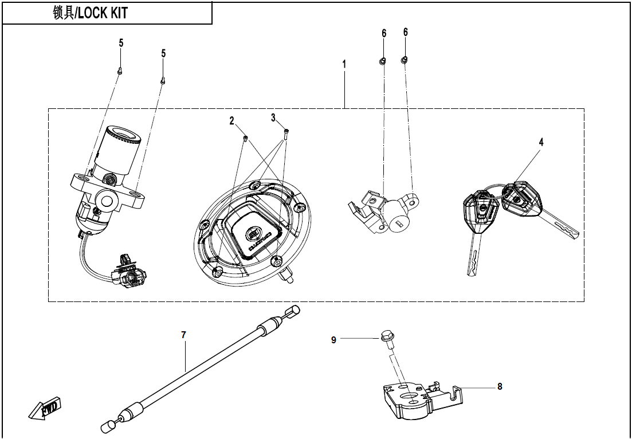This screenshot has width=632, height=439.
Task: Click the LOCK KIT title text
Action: point(90,13)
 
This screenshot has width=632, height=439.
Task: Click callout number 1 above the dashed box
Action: point(344,64)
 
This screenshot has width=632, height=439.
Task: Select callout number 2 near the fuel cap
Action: point(232,121)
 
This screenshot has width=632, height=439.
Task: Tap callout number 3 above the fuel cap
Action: point(273,117)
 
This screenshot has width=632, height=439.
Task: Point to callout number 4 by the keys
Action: point(541,142)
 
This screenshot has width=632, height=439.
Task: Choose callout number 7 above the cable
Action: point(183,335)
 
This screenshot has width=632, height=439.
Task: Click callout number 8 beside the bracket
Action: point(500,387)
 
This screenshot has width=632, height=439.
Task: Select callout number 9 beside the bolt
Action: point(333,340)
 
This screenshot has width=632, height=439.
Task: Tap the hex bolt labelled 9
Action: point(386,338)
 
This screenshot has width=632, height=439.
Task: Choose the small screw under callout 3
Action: point(286,133)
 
